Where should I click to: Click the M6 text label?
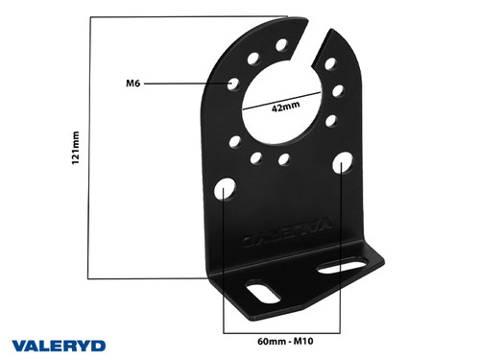coord(133,84)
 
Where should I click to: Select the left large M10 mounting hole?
coord(223,186)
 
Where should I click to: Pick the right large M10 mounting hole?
coord(344,163)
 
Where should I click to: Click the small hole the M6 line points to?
coord(232,84)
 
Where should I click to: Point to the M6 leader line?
coord(187,84)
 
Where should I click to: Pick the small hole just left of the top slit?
coord(281,44)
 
